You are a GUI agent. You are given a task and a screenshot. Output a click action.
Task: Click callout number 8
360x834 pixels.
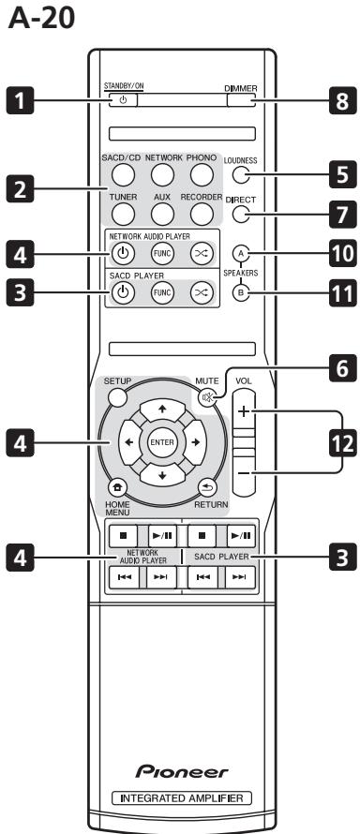pyautogui.click(x=332, y=100)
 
